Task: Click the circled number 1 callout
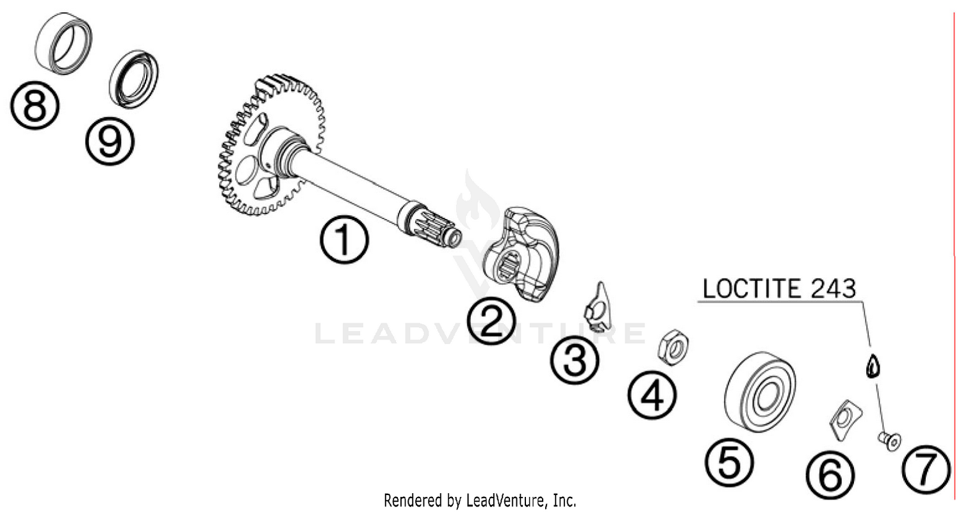tap(345, 240)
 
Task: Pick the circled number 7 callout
tap(926, 471)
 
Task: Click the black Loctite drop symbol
tap(872, 367)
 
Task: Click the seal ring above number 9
tap(134, 77)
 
